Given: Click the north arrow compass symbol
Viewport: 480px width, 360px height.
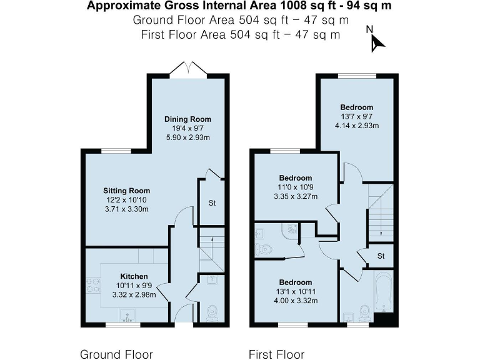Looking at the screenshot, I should [375, 39].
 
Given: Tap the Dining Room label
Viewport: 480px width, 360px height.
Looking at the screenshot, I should [187, 119].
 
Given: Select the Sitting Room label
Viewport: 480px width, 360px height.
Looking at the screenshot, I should [126, 191].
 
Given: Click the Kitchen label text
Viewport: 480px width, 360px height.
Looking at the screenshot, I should [134, 276].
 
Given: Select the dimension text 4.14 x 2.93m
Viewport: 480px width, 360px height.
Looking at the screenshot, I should [357, 126].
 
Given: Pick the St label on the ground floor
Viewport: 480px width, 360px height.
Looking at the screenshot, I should [212, 202].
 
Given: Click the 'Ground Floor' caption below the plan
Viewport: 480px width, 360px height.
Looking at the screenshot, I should [116, 354].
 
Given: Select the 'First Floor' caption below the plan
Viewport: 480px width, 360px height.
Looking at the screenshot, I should [276, 354].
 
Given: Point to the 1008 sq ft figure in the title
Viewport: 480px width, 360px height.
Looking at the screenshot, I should [274, 6].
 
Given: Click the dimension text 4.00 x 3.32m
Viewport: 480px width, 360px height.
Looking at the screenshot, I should [296, 301].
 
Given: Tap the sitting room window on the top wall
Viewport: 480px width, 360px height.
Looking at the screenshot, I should [117, 151].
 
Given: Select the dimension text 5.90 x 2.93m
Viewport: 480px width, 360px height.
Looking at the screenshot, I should [187, 137].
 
